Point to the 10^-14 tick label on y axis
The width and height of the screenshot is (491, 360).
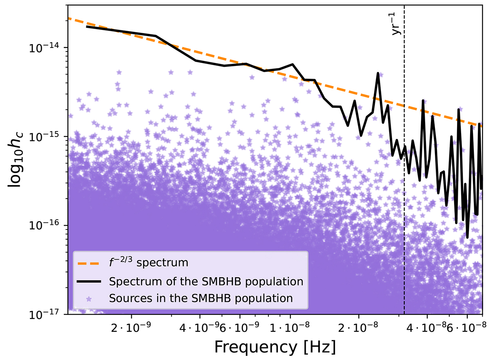[47, 48]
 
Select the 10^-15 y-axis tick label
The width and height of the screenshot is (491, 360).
[47, 136]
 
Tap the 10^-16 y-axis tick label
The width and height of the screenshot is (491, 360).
[47, 225]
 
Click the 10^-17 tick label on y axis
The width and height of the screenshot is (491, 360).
[47, 314]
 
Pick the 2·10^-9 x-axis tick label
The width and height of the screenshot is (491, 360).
[132, 326]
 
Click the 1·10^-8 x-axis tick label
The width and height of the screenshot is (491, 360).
[291, 326]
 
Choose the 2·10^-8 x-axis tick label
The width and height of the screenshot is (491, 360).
[359, 326]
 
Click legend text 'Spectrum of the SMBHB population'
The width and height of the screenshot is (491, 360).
[206, 282]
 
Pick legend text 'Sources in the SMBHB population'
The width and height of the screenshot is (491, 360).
[201, 298]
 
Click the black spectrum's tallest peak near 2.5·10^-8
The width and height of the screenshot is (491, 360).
[378, 73]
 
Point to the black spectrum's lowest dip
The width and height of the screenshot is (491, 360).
[467, 237]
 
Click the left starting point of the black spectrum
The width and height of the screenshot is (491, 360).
[86, 26]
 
